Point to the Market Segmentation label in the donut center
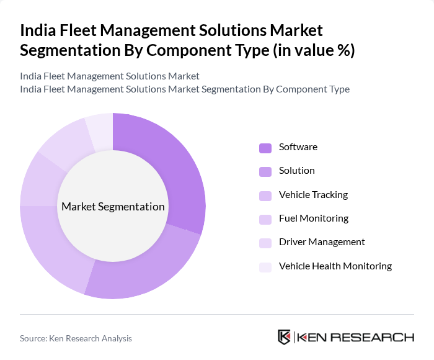[113, 207]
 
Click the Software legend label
[298, 147]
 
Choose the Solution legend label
[296, 171]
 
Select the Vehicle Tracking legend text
[313, 195]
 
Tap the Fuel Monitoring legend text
[313, 218]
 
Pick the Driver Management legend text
[322, 242]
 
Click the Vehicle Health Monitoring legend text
[335, 266]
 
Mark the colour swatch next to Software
[265, 148]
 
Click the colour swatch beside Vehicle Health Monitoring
[265, 267]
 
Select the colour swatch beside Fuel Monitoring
[265, 219]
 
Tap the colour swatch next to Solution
[265, 171]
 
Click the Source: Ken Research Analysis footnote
[76, 338]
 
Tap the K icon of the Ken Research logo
[284, 337]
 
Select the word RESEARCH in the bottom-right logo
[378, 338]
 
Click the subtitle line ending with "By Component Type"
[184, 89]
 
